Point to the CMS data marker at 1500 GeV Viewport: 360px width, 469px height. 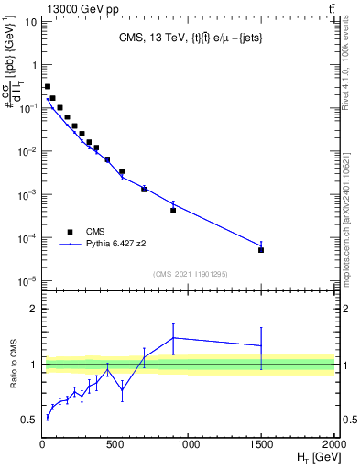tap(261, 249)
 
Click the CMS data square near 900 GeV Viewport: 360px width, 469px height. tap(173, 210)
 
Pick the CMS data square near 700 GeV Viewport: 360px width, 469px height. tap(144, 189)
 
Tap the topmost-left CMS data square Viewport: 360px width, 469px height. tap(48, 87)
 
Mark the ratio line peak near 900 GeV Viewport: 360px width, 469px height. tap(173, 337)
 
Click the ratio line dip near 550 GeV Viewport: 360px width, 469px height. tap(122, 390)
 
